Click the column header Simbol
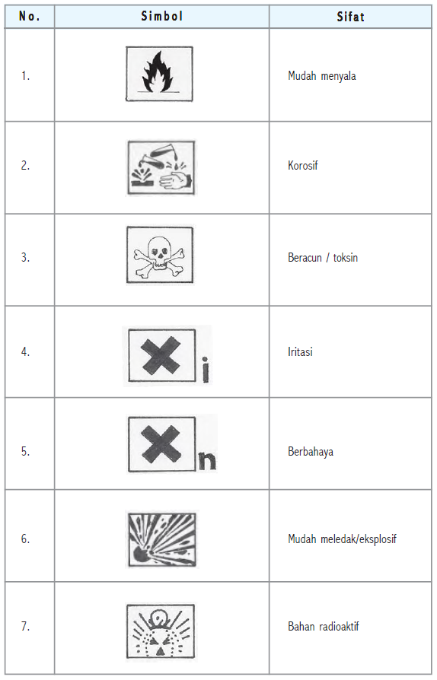click(x=161, y=16)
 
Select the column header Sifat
click(x=350, y=16)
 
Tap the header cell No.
click(x=29, y=16)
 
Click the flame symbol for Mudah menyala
click(x=159, y=74)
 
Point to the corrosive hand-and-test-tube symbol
click(x=160, y=167)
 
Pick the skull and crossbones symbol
click(x=159, y=256)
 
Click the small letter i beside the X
click(x=206, y=371)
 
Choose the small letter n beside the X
click(x=206, y=461)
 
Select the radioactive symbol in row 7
click(x=160, y=631)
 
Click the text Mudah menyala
click(x=321, y=76)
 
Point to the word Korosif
click(x=303, y=165)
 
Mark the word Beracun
click(x=305, y=258)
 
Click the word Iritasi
click(x=300, y=352)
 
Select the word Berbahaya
click(x=310, y=451)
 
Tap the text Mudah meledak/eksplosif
click(x=342, y=539)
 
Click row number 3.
click(x=25, y=257)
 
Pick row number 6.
click(x=25, y=539)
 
